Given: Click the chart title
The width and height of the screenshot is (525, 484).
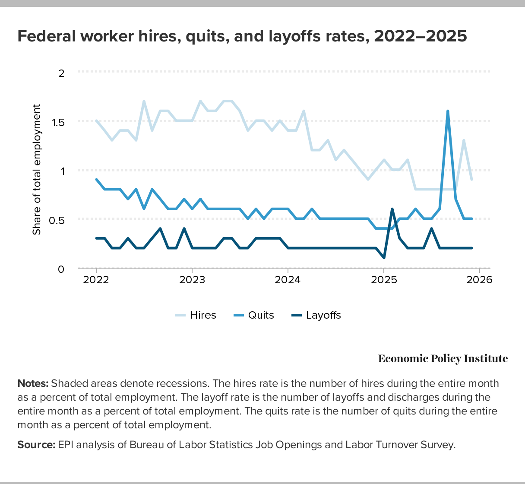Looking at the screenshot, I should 242,36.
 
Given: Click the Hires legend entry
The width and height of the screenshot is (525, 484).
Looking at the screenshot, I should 202,315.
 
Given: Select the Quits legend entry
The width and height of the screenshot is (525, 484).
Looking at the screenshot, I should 261,315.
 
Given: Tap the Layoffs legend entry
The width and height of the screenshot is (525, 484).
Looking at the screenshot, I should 323,315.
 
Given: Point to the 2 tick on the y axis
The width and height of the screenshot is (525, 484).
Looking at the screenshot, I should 61,73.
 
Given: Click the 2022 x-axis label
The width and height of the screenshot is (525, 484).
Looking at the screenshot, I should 96,280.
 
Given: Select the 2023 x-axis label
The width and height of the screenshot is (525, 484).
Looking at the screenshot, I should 192,280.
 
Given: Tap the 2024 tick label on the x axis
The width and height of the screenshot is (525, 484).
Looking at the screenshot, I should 288,280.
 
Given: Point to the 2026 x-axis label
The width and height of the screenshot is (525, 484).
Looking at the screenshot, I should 480,280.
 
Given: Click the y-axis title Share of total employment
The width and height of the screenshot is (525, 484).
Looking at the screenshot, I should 37,170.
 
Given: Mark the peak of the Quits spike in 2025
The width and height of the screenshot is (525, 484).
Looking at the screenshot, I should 448,111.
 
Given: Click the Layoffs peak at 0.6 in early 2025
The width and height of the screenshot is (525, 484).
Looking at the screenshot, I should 392,209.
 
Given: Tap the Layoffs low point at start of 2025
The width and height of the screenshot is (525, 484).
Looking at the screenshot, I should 384,258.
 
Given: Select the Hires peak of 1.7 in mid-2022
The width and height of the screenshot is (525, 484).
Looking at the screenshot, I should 144,101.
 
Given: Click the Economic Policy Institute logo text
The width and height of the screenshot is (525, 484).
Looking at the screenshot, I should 443,359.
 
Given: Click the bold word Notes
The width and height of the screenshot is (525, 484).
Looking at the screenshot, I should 33,383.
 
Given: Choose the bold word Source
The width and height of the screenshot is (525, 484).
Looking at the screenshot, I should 36,445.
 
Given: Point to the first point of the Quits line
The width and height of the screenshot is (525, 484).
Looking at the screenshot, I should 96,180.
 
